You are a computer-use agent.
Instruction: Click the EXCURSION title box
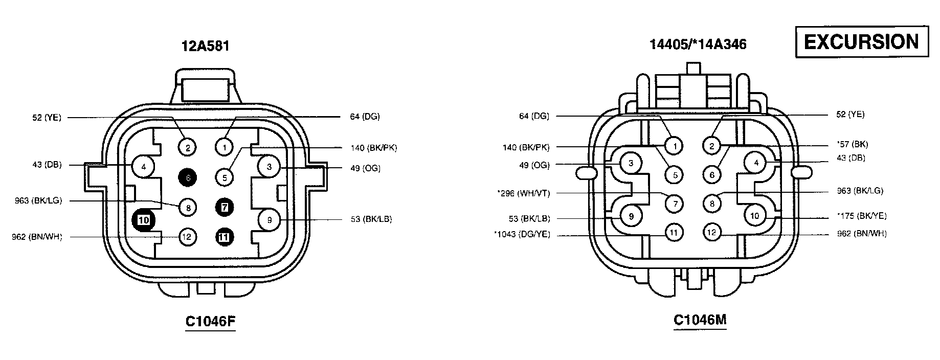862,41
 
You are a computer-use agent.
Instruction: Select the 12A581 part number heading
206,46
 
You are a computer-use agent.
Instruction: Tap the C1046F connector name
210,321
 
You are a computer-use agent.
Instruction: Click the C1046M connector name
700,320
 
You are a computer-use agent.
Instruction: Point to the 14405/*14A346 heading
698,44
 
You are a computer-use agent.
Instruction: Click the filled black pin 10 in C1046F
144,220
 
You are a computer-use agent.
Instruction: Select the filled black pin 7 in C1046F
225,207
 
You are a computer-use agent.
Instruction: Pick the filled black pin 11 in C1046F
225,237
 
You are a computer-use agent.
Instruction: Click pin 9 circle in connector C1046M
631,216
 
